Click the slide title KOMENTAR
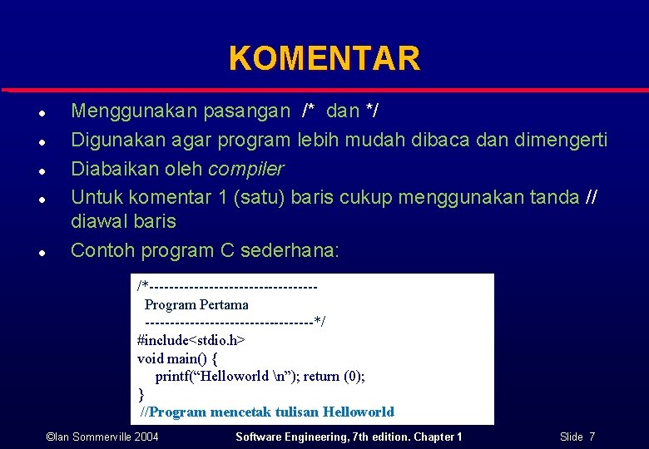pos(324,59)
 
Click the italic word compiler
pos(245,170)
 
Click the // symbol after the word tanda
pos(592,197)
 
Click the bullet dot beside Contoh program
pos(40,251)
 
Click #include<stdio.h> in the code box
pos(191,340)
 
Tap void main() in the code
pos(177,358)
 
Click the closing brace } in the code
pos(141,394)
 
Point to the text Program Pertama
pos(196,304)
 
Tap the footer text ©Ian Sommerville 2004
pos(102,437)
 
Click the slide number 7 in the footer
pos(592,437)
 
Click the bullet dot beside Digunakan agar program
pos(40,141)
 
